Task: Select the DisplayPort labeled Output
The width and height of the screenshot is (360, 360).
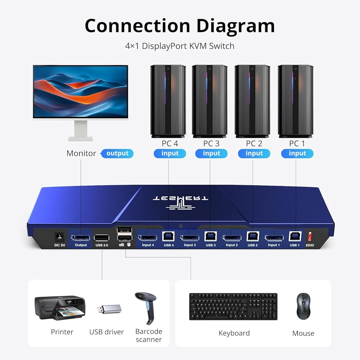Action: pos(80,238)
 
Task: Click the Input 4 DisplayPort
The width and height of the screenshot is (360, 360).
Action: pos(147,238)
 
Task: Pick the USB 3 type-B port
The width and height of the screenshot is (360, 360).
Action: pos(211,236)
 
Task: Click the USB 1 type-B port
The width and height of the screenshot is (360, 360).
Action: pos(295,236)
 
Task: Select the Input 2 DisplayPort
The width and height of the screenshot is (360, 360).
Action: pos(231,238)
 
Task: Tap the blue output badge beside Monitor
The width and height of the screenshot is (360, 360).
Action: pos(117,153)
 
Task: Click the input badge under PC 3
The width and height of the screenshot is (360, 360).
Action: pos(211,153)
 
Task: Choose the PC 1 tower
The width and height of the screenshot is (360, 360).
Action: pos(295,101)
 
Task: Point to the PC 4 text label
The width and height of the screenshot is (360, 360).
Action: pos(170,144)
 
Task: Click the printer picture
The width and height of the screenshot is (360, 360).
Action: pos(60,308)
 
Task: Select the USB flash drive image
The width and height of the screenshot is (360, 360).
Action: pos(109,309)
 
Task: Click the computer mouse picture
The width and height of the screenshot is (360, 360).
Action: pos(303,306)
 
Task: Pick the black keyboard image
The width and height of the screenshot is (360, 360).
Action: pos(233,306)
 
